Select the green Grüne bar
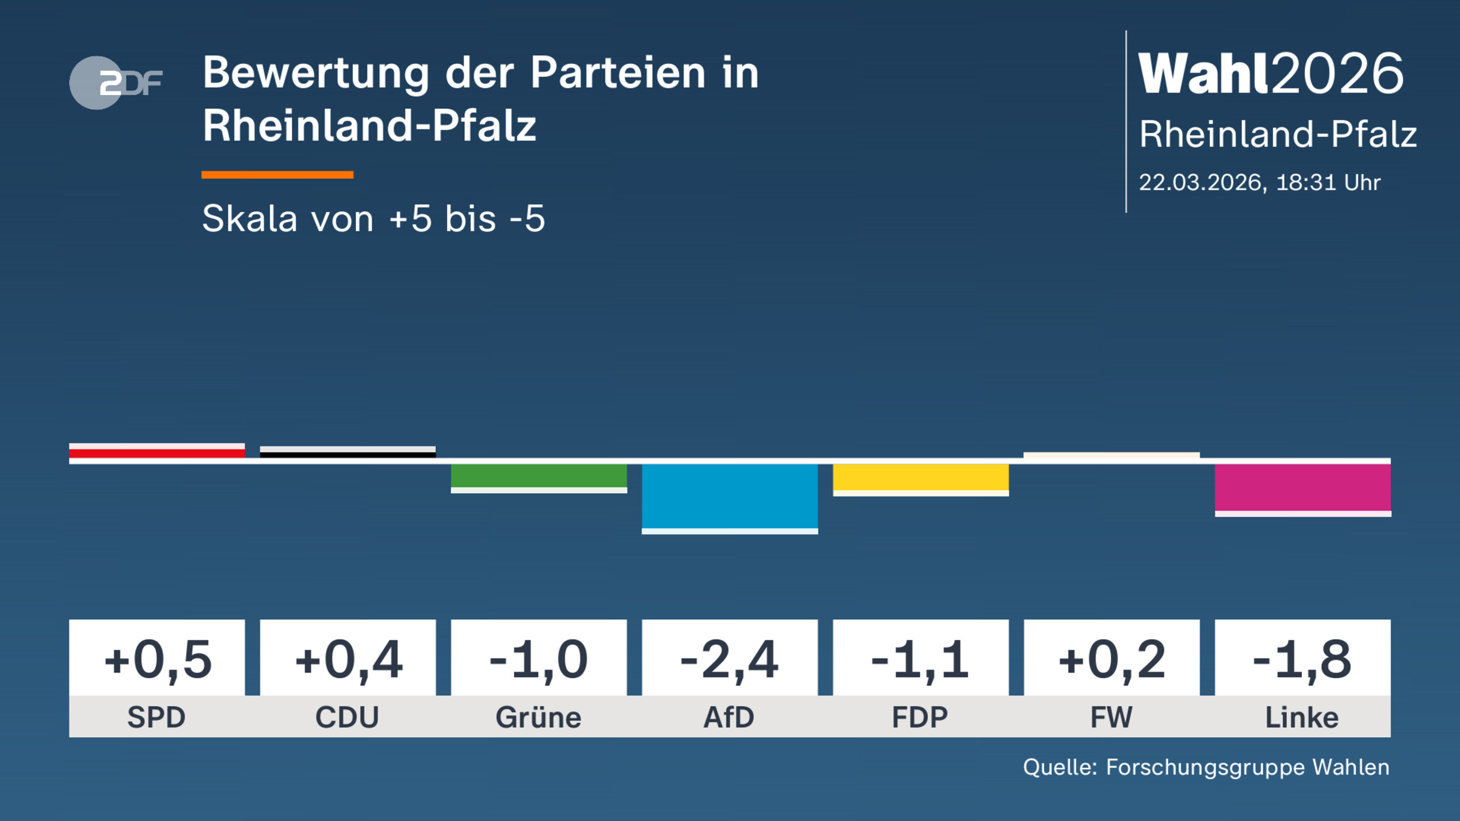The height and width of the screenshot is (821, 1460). (x=538, y=476)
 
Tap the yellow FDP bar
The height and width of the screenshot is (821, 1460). (x=920, y=478)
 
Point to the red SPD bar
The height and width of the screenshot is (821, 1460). (x=157, y=452)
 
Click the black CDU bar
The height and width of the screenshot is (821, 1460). (x=347, y=453)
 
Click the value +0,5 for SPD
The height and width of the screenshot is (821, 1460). (x=157, y=659)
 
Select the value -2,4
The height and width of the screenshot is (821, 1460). (x=729, y=659)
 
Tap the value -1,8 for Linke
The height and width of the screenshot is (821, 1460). (x=1302, y=659)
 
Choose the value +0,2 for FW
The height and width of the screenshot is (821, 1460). (x=1111, y=659)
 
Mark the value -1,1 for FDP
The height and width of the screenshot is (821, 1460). (x=920, y=659)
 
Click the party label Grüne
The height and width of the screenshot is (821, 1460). (x=538, y=717)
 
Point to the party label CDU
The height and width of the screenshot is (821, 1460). (x=347, y=717)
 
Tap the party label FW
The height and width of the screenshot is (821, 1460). (x=1111, y=717)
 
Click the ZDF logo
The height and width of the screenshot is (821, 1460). (x=116, y=83)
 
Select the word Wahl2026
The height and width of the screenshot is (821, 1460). (x=1271, y=74)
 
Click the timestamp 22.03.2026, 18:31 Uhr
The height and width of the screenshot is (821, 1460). (x=1259, y=182)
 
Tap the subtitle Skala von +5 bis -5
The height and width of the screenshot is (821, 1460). (x=374, y=219)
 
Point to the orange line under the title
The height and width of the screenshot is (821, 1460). (x=277, y=175)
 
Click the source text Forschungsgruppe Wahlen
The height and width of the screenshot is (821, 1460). (x=1247, y=767)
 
